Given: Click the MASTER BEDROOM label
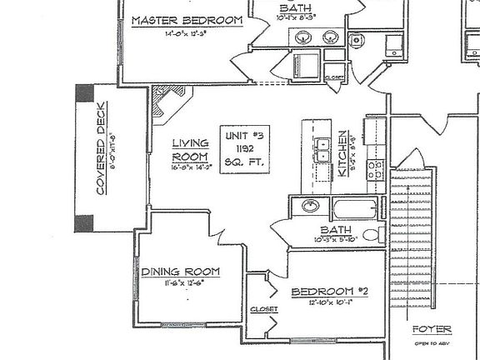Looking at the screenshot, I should coord(187,20).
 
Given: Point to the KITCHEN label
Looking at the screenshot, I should coord(342,150).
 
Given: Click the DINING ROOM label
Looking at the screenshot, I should coord(180,272).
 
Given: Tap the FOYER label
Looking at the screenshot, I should coord(430,328).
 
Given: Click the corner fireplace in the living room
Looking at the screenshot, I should coord(170,104).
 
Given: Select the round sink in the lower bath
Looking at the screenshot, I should coord(309,207).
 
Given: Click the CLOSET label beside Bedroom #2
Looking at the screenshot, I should coord(263,309).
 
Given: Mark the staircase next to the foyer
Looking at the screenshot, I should coord(413,242).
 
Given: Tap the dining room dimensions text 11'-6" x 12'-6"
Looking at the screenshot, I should coord(179,283).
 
